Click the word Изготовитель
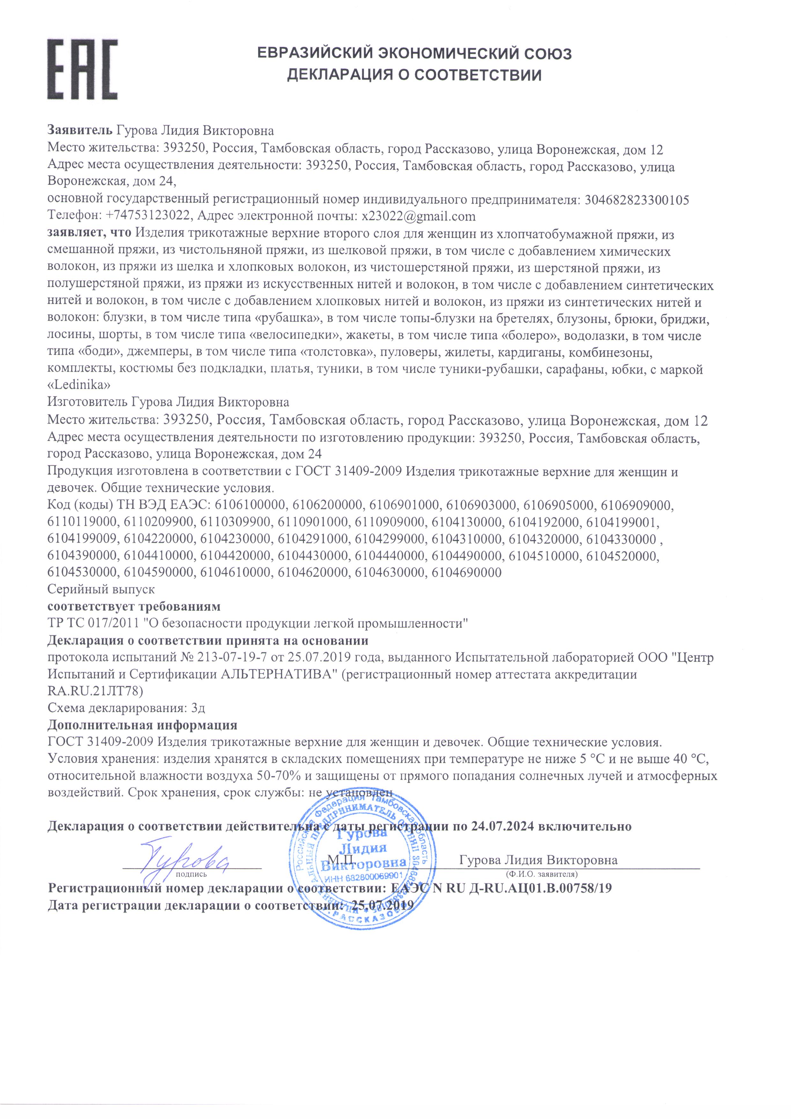pyautogui.click(x=88, y=402)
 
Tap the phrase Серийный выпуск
pyautogui.click(x=101, y=589)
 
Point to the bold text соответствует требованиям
pyautogui.click(x=134, y=606)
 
